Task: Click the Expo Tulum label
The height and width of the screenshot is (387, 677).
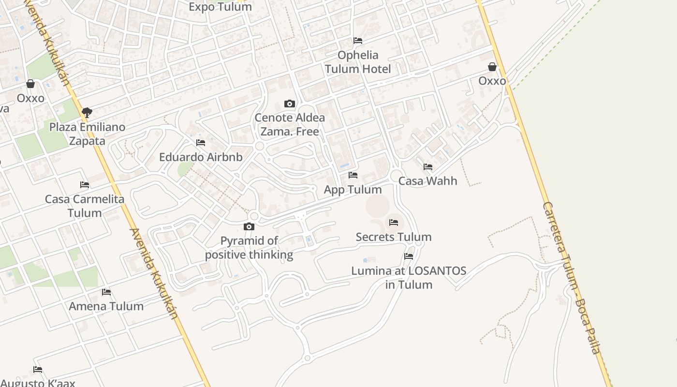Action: (x=220, y=7)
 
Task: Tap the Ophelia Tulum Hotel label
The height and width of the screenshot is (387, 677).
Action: (x=358, y=62)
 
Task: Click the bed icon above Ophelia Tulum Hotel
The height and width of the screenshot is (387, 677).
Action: (x=358, y=40)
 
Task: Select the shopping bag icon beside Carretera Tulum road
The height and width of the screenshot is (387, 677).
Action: (x=492, y=67)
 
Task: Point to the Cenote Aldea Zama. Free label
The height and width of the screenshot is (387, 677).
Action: (x=290, y=124)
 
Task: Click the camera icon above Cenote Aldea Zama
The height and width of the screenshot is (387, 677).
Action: (x=290, y=104)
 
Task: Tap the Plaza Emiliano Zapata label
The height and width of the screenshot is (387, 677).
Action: (x=88, y=134)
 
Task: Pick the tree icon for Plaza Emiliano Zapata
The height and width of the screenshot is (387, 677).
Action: (x=87, y=113)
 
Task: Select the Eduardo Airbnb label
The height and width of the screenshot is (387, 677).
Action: (x=201, y=157)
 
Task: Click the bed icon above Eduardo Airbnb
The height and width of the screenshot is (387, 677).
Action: (x=201, y=143)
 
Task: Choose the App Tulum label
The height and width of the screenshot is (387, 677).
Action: (x=353, y=190)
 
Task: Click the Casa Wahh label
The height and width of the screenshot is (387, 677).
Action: (x=427, y=181)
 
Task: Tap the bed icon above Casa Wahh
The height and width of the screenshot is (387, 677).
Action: (x=428, y=167)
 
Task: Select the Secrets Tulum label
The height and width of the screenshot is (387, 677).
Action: (x=394, y=237)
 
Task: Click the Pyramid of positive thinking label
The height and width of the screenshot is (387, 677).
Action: (x=249, y=248)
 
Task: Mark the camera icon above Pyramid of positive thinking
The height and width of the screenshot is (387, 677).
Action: (x=249, y=226)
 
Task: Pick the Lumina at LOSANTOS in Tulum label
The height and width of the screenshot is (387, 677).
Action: (x=409, y=278)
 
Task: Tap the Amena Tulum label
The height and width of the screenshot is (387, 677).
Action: (x=106, y=306)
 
